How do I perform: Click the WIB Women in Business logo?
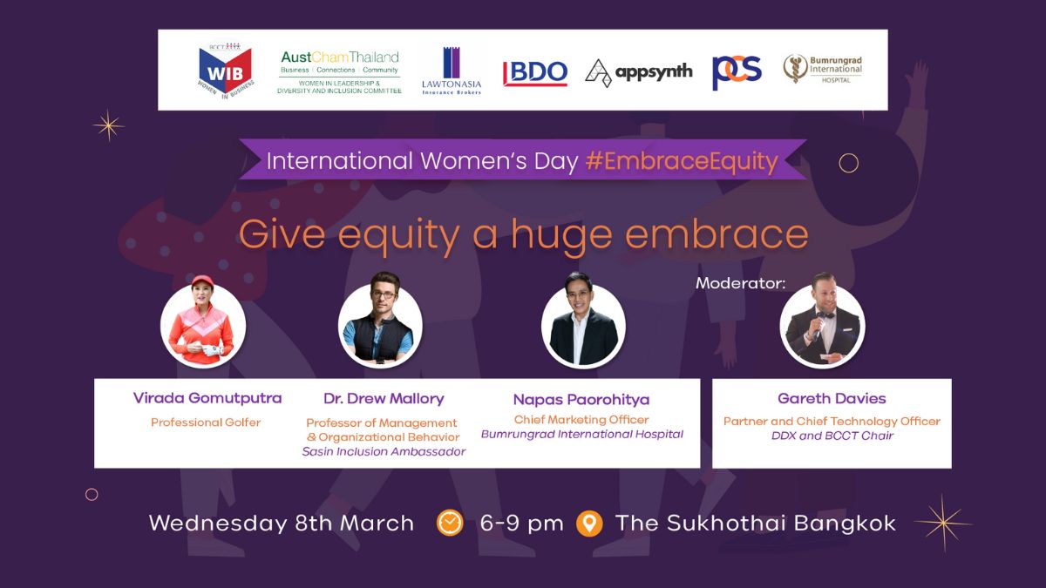(226, 71)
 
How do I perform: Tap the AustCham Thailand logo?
(339, 71)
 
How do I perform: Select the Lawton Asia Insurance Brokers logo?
(452, 71)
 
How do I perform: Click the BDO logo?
(535, 73)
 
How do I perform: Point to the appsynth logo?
(638, 73)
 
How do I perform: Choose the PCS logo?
(737, 72)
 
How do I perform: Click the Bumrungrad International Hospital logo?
(823, 69)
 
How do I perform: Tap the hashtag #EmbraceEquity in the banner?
(682, 161)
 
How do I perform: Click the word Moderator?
(741, 283)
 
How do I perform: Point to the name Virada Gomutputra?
(207, 398)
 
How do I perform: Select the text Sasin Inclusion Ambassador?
(384, 451)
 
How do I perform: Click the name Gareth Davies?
(832, 399)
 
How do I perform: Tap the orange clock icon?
(450, 523)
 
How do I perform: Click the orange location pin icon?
(589, 524)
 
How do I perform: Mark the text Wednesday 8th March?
(281, 524)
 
